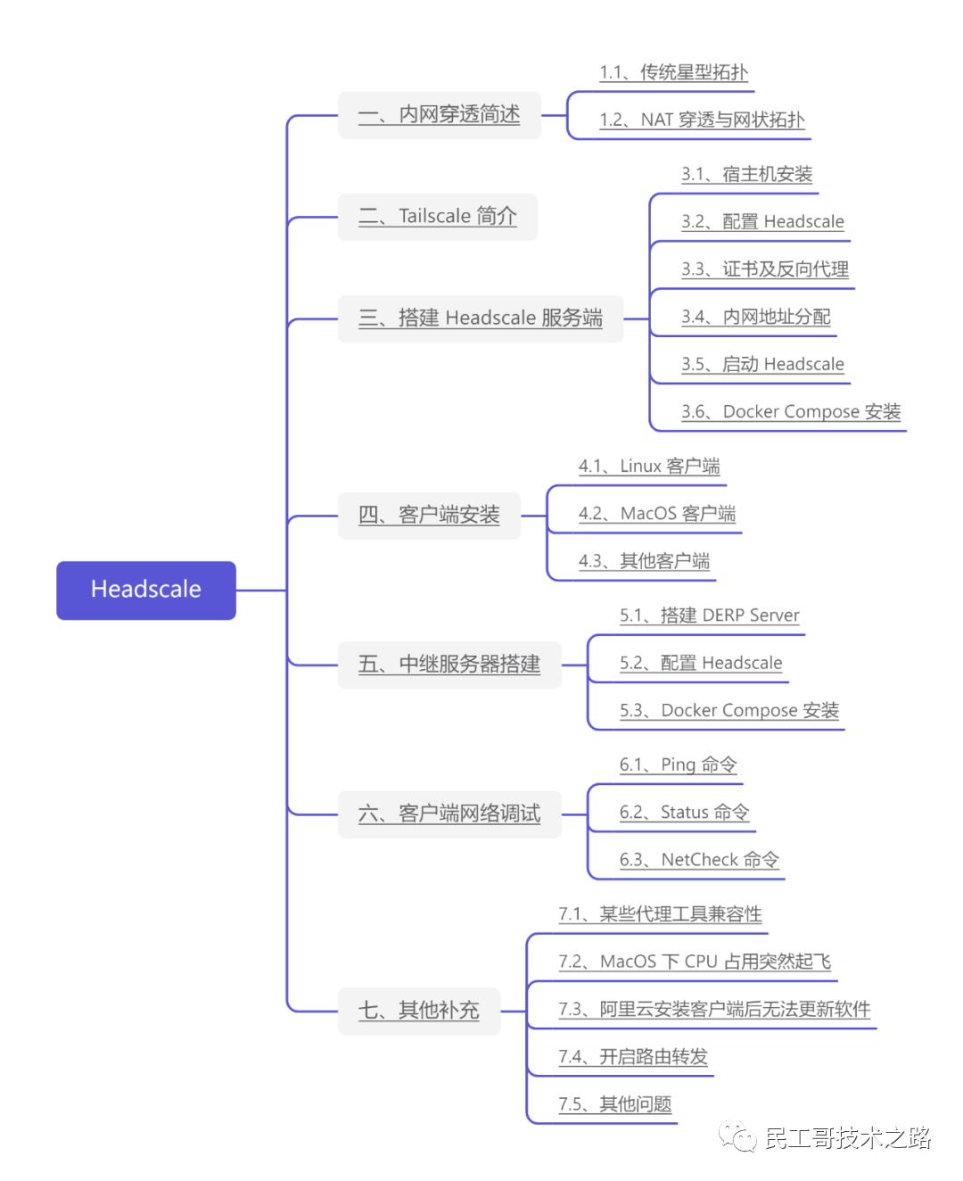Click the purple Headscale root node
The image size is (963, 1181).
click(146, 590)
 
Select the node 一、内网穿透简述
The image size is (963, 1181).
click(439, 115)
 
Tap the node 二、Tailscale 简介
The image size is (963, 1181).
click(437, 217)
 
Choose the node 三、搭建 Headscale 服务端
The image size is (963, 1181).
click(480, 318)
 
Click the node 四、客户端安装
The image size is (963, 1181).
click(429, 516)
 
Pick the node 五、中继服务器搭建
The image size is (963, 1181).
click(449, 665)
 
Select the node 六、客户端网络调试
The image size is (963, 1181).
click(449, 813)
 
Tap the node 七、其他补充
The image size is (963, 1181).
click(418, 1011)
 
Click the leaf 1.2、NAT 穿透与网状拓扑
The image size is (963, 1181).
click(702, 120)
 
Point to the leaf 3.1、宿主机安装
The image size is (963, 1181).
click(747, 174)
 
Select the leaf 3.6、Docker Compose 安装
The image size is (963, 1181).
click(791, 411)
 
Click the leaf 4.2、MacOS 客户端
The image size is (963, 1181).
click(657, 514)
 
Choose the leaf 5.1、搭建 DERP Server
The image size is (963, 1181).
click(710, 615)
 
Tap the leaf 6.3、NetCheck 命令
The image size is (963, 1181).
click(699, 860)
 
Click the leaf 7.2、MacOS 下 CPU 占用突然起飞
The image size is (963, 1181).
click(695, 962)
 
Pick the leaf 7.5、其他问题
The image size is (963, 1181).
click(615, 1104)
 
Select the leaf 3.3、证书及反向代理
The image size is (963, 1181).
click(765, 269)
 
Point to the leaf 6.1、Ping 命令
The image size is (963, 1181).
click(679, 764)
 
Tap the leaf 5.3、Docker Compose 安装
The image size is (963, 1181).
click(729, 711)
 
